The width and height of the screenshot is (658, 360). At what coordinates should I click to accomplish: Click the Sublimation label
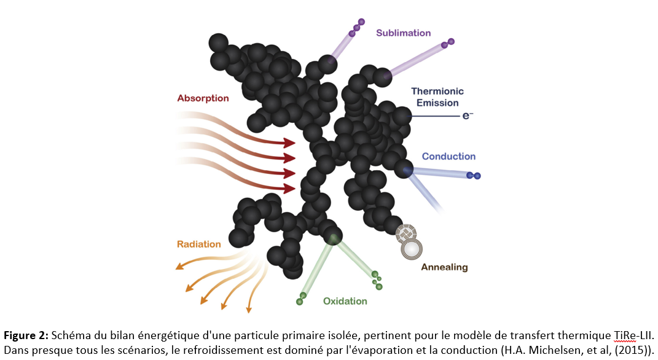click(404, 33)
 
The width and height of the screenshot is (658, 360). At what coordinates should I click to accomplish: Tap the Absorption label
click(203, 98)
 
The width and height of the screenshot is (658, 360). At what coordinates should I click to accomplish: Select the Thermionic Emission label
click(435, 97)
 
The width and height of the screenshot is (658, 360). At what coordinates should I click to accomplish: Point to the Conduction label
click(448, 157)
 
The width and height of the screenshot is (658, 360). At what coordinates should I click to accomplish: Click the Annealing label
click(444, 267)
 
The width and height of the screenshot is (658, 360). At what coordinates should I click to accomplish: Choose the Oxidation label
click(345, 301)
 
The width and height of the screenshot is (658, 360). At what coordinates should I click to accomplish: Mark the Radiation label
click(198, 244)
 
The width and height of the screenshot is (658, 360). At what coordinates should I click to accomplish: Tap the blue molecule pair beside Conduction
click(473, 176)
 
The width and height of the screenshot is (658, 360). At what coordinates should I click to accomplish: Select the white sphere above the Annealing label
click(412, 248)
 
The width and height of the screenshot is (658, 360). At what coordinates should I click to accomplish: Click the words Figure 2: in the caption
click(26, 336)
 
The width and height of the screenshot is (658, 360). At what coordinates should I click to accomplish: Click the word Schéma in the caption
click(68, 336)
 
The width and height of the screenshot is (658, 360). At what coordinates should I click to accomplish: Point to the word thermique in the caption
click(582, 336)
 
